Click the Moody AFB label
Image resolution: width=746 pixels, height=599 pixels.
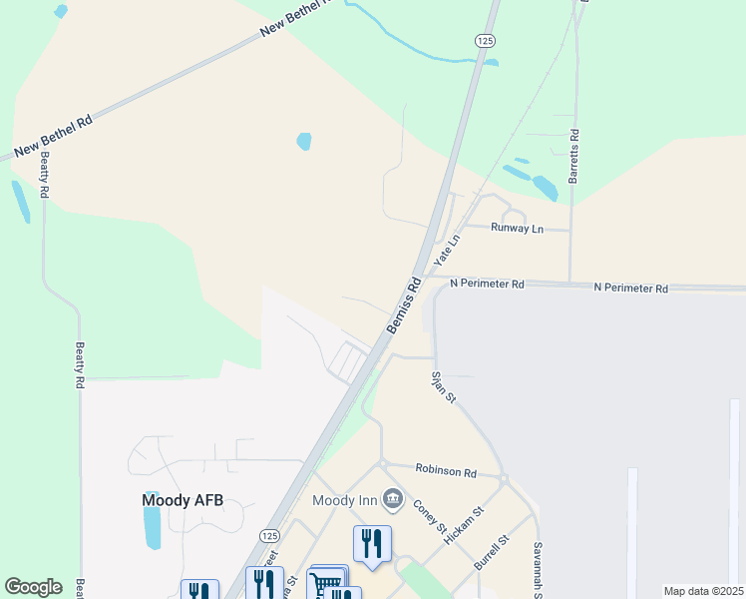click(x=182, y=500)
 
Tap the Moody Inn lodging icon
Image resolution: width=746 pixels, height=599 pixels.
click(x=393, y=498)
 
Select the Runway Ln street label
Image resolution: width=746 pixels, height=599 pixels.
click(x=517, y=229)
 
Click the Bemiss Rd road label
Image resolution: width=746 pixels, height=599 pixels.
click(x=402, y=308)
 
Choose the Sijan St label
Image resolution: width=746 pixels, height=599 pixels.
click(x=443, y=386)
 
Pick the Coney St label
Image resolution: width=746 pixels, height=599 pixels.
click(x=428, y=517)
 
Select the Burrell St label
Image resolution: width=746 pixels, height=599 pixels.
click(x=493, y=552)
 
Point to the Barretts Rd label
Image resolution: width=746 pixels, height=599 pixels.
click(x=573, y=161)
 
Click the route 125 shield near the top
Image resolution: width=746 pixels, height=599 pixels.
click(x=484, y=39)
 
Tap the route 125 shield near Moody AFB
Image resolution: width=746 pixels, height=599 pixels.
click(x=269, y=536)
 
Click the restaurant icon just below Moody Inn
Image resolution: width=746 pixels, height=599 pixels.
click(x=372, y=544)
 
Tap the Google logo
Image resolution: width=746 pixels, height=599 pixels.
click(x=33, y=587)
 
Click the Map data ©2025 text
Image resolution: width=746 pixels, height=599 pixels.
click(x=703, y=591)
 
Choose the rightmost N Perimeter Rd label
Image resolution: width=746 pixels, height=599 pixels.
click(x=630, y=288)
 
